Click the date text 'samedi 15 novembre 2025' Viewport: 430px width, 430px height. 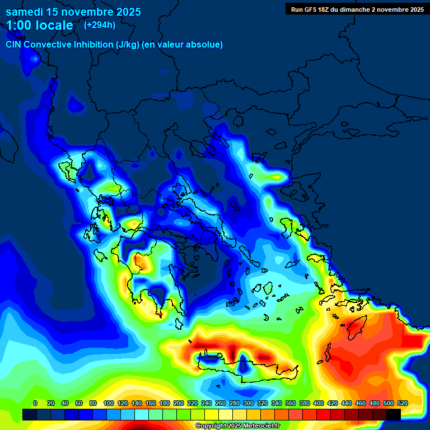(x=73, y=12)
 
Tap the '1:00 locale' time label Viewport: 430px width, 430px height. (x=40, y=25)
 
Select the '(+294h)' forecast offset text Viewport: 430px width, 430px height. (x=100, y=25)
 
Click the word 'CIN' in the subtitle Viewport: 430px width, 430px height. (x=15, y=44)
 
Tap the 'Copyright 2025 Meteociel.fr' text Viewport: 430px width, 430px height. (x=238, y=426)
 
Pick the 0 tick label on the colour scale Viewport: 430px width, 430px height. (x=35, y=403)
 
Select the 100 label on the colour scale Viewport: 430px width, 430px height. (x=108, y=403)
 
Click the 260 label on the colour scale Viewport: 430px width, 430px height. (x=221, y=403)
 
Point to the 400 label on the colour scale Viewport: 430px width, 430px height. (x=319, y=403)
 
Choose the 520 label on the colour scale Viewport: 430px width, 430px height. (x=402, y=403)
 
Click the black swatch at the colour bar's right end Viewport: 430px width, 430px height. (x=393, y=414)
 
